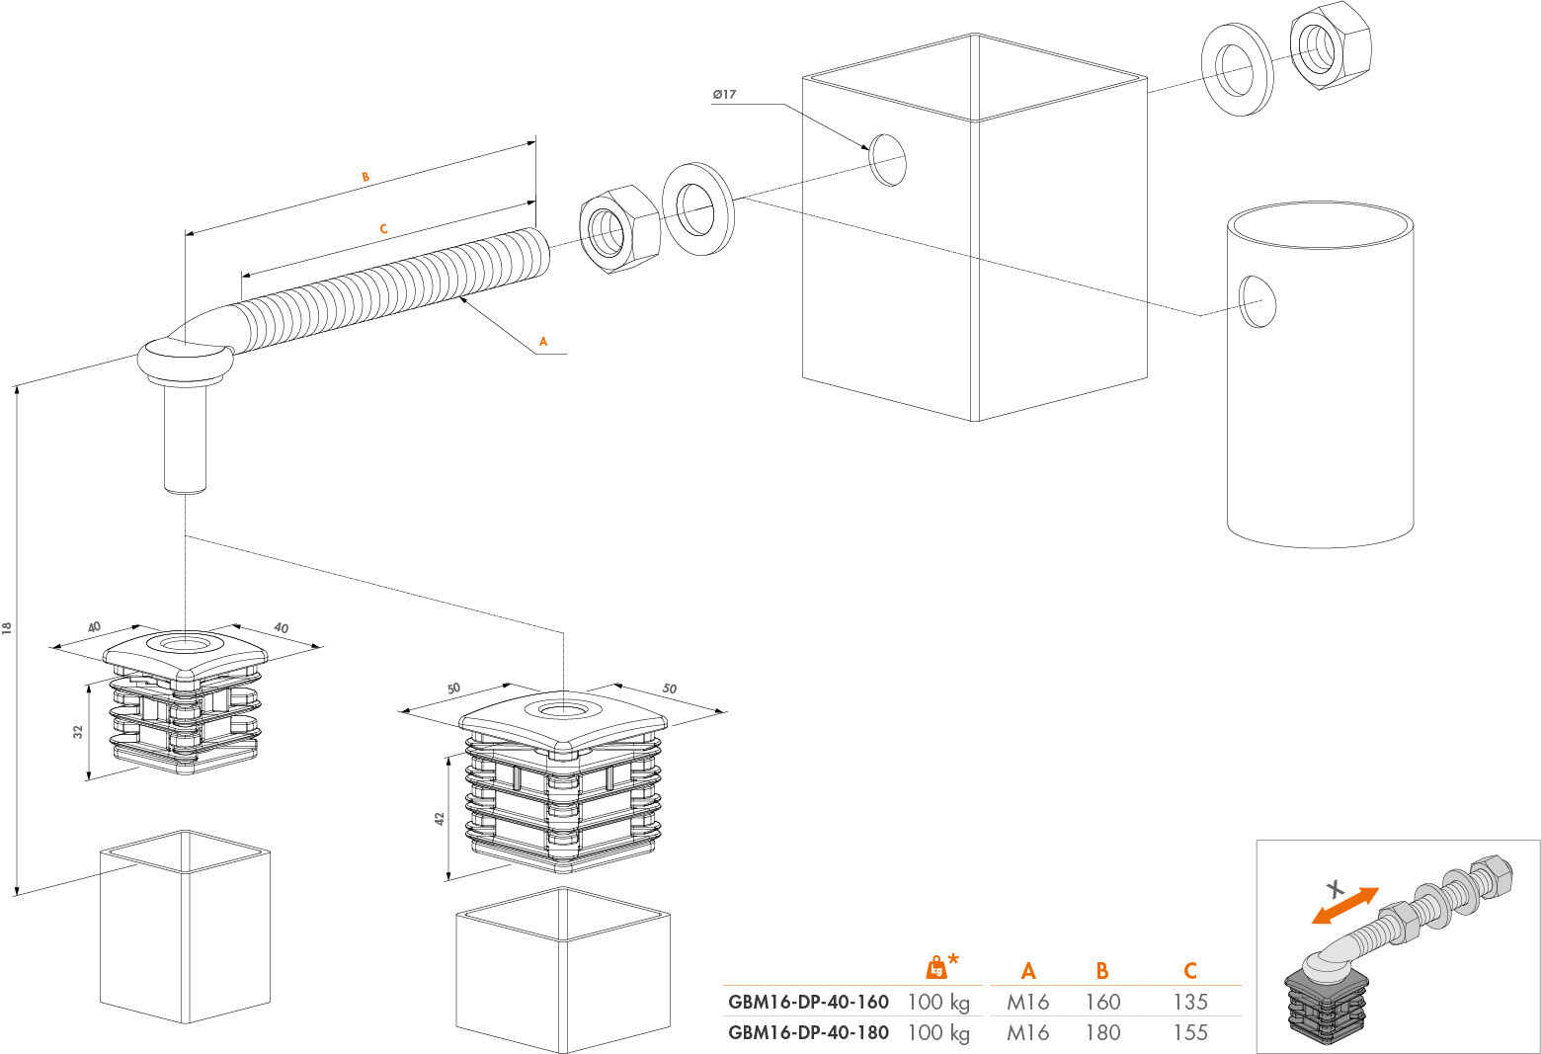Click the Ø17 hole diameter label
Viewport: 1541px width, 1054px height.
724,94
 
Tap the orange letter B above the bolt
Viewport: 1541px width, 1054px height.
365,177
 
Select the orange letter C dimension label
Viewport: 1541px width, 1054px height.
384,228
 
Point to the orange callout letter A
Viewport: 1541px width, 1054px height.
543,341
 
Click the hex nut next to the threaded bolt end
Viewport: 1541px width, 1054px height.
619,230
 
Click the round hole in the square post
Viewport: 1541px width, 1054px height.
887,160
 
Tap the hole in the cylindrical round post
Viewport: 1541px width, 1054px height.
1257,301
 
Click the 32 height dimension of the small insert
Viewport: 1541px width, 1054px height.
78,731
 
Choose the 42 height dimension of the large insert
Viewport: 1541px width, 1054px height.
440,818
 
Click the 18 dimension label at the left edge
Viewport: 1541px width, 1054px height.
7,627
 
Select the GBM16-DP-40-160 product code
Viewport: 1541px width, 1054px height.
808,1002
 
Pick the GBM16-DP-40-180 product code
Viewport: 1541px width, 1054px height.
808,1032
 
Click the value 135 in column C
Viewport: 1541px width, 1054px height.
1191,1002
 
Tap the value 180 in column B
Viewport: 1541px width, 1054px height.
1102,1032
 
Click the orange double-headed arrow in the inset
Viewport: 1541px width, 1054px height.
1345,906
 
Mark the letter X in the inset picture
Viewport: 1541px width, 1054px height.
1336,889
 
